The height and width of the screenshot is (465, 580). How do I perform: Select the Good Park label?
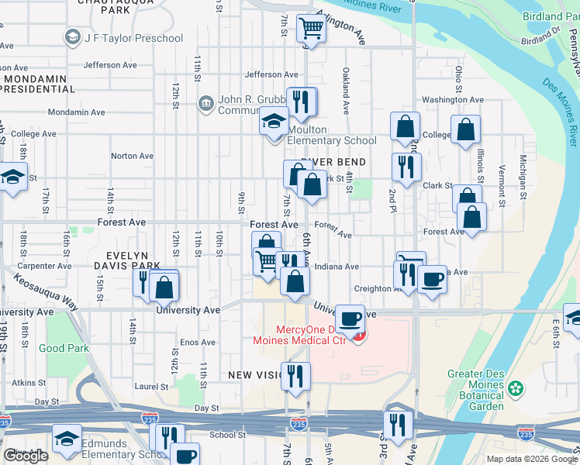pos(63,348)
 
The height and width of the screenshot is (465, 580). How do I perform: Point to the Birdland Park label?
pos(554,16)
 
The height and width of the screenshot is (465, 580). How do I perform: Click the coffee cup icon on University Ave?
pos(350,319)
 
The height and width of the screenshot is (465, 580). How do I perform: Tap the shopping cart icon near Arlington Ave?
pos(311,29)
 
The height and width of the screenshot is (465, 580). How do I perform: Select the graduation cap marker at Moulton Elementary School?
pos(274,122)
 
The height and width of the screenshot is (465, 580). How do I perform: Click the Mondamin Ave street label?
pos(76,112)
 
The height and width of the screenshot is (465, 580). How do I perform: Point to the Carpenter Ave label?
pos(50,266)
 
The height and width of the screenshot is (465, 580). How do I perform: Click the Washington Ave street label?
pos(453,100)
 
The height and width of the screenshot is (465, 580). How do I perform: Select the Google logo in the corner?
pos(26,456)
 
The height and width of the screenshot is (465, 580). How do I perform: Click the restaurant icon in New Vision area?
pos(295,376)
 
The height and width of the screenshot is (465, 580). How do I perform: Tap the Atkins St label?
pos(24,382)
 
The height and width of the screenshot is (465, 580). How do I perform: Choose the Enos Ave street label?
pos(198,342)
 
